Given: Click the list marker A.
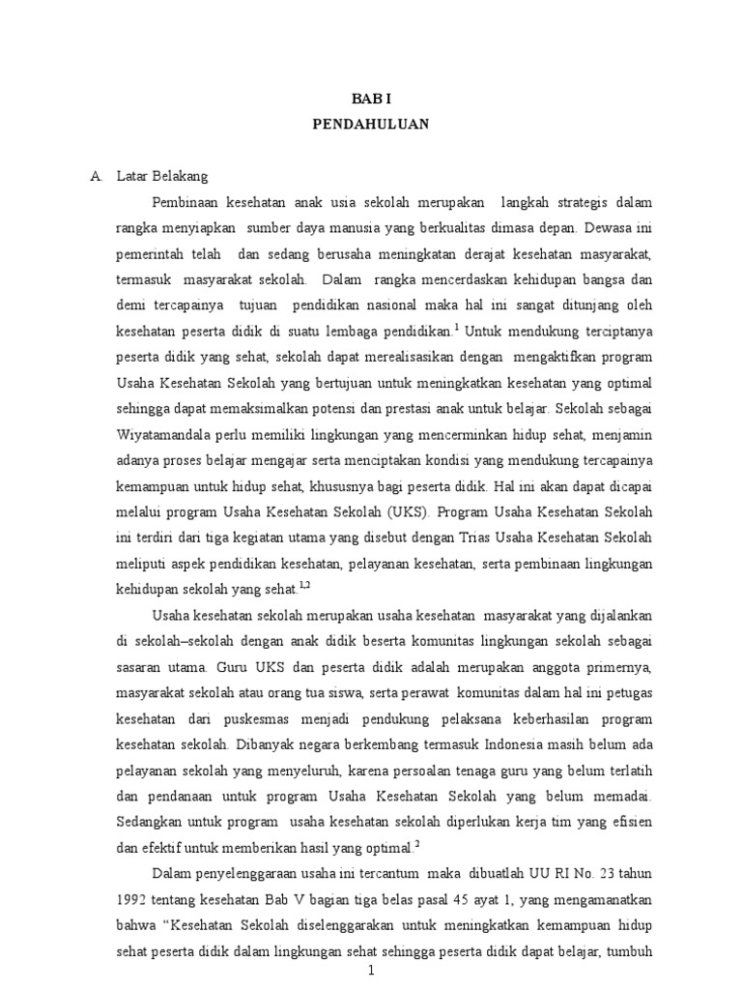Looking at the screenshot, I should click(x=95, y=177).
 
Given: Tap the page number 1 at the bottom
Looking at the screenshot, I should click(x=370, y=975).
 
